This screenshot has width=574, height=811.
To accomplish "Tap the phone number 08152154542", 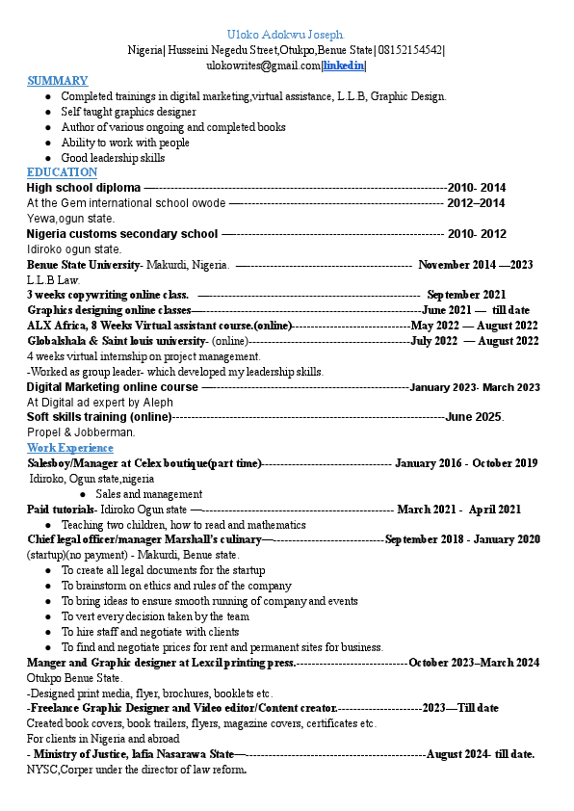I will tap(410, 50).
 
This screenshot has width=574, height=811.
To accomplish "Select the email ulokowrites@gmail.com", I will tap(263, 65).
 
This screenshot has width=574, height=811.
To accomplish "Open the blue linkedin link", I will tap(343, 65).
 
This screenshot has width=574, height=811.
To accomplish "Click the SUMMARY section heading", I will tap(57, 81).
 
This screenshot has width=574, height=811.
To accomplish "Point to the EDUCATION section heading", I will tap(62, 172).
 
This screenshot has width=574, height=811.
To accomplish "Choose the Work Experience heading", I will tap(69, 448).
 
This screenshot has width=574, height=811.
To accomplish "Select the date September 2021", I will tap(466, 295).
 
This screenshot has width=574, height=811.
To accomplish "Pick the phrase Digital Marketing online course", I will tap(112, 387).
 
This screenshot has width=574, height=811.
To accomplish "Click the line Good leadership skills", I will tap(113, 158).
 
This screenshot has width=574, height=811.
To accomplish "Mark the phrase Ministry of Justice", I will tap(85, 754).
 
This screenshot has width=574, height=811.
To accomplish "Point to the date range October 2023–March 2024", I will tap(473, 663).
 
